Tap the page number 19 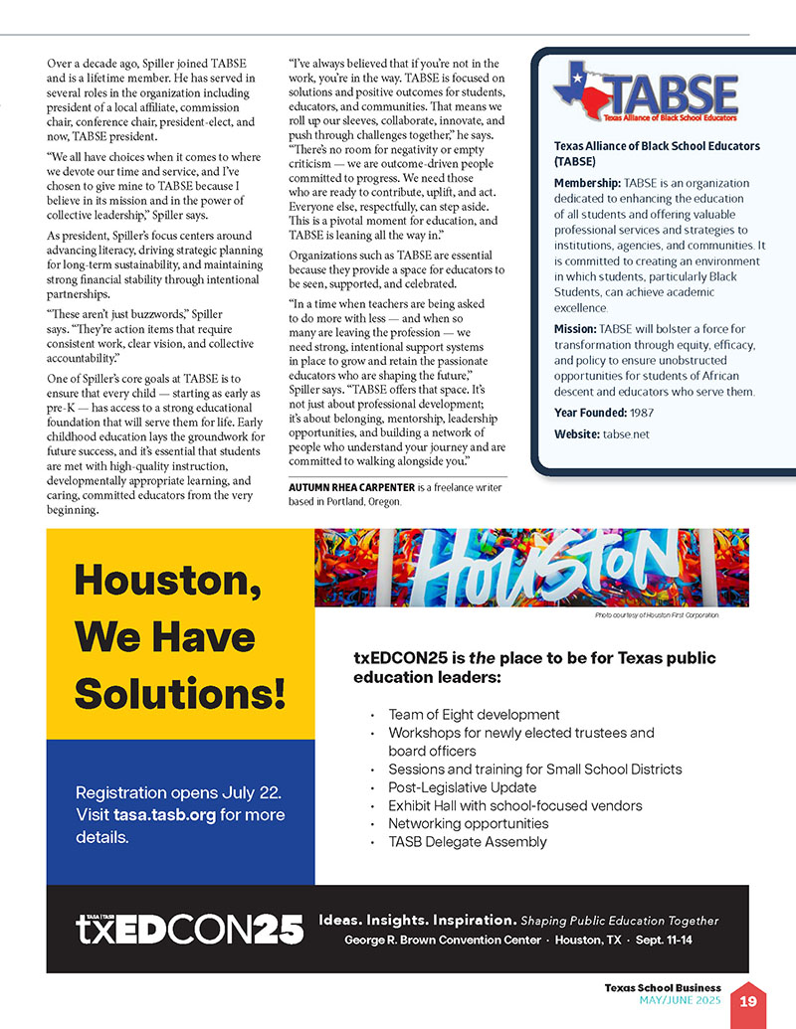[x=746, y=1000]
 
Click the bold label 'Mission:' [x=575, y=328]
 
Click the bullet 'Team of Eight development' [x=474, y=715]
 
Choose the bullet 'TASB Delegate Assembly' [x=468, y=842]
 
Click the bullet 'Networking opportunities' [x=469, y=824]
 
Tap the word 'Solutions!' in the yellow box [x=180, y=692]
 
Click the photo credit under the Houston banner [x=657, y=616]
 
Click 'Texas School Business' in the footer [x=663, y=987]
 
